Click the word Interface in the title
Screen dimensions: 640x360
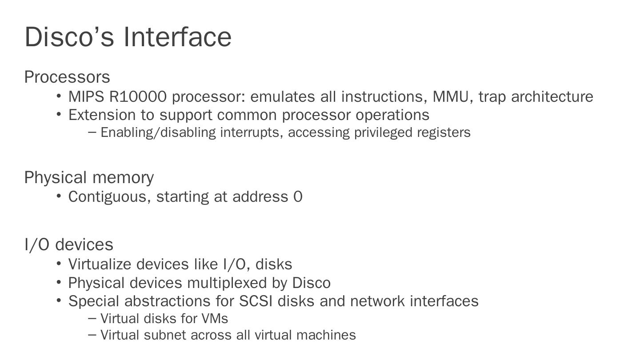click(177, 37)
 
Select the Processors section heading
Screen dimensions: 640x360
click(67, 77)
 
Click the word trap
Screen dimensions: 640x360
click(492, 97)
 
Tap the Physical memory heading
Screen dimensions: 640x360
click(89, 177)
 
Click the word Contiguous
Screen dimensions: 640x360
click(109, 196)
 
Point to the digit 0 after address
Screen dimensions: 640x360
click(298, 196)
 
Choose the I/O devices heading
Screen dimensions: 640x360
click(69, 245)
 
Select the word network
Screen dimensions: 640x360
click(377, 301)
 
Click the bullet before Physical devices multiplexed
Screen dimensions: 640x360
click(59, 282)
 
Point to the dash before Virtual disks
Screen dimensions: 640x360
click(92, 318)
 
